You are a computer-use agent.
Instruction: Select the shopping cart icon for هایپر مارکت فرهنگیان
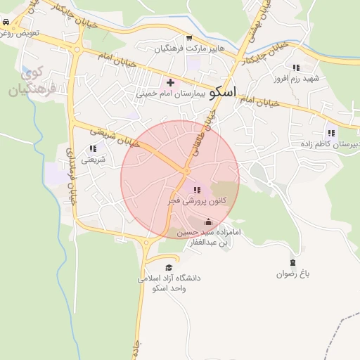188,39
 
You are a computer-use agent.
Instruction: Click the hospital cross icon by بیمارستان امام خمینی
170,83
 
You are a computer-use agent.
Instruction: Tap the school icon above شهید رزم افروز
296,68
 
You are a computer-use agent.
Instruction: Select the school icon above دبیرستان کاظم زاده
331,133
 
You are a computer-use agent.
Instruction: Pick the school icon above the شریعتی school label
94,149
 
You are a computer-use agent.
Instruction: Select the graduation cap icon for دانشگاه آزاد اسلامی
169,267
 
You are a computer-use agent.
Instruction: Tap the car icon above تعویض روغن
6,22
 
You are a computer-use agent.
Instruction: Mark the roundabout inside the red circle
186,171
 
